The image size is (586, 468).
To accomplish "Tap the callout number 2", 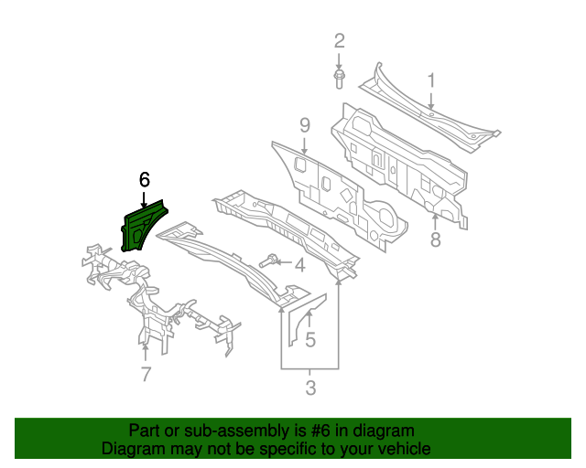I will point(339,40).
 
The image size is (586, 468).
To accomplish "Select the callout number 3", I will point(310,388).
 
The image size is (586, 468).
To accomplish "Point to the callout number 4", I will point(299,265).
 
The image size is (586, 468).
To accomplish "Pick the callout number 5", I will point(310,340).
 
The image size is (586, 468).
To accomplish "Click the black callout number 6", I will point(144,179).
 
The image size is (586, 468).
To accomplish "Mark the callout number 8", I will point(436,239).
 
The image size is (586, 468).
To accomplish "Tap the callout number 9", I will point(305,124).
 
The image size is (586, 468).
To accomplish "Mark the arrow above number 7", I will point(145,350).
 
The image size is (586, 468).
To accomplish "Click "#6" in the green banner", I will point(306,431).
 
